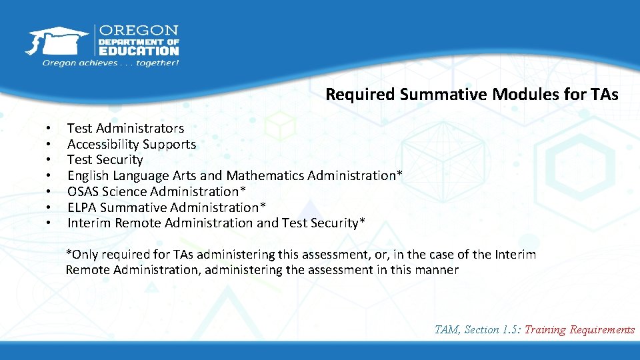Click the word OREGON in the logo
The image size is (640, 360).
click(x=139, y=31)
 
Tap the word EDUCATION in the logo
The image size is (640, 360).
click(x=139, y=51)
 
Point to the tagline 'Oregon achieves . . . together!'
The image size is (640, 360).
click(x=111, y=63)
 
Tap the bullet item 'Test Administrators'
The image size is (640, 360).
click(x=125, y=128)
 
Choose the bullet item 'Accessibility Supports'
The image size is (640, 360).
click(x=131, y=144)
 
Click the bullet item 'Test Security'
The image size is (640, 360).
click(x=105, y=159)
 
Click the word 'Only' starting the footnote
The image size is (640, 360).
click(x=83, y=254)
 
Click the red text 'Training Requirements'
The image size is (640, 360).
click(x=579, y=329)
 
